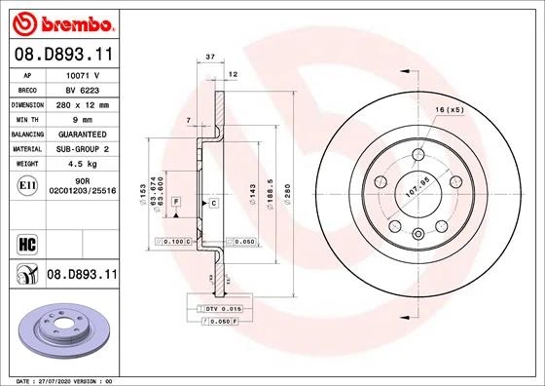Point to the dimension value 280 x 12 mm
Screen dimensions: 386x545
tap(83, 103)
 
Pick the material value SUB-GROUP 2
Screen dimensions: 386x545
tap(82, 148)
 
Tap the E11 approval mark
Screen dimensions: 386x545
tap(27, 183)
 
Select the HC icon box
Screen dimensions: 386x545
tap(27, 241)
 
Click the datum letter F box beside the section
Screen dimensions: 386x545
tap(176, 201)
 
